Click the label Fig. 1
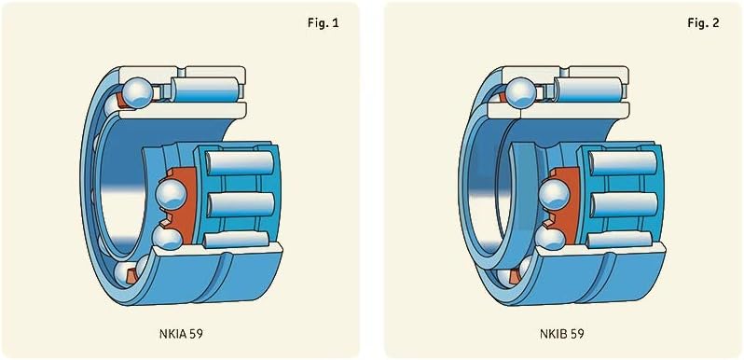coord(324,23)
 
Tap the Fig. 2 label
coord(703,23)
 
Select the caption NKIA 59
coord(181,333)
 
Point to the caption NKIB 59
coord(562,333)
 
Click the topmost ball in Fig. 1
coord(137,93)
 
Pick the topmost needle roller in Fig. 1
coord(204,90)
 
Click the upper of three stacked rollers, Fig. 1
coord(241,163)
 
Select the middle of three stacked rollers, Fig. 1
coord(241,204)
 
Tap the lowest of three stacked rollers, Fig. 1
coord(236,240)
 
